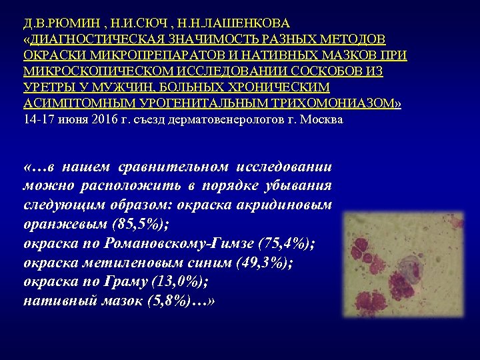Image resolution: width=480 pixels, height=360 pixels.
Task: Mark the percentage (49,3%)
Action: pyautogui.click(x=256, y=263)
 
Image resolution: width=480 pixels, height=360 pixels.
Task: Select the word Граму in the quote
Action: pyautogui.click(x=127, y=281)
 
